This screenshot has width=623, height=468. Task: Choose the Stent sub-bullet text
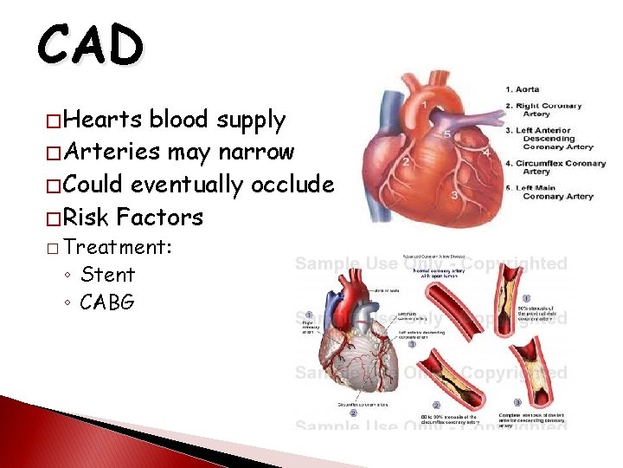107,276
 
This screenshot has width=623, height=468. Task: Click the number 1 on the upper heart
424,105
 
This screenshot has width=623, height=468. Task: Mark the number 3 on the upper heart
455,196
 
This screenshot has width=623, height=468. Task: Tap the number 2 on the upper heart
405,162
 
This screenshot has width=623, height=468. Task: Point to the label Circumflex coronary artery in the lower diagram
363,404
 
